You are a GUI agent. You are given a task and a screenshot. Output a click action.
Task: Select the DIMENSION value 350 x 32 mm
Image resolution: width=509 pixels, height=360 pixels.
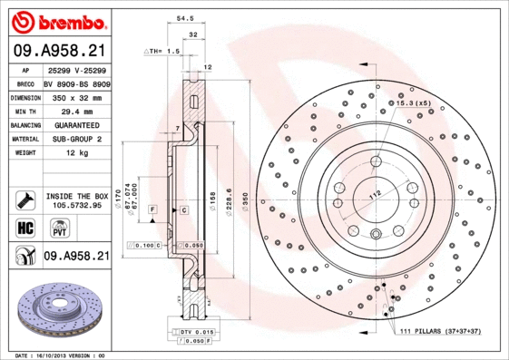pyautogui.click(x=75, y=95)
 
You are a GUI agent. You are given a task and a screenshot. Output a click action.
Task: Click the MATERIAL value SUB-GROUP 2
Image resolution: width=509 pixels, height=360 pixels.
pyautogui.click(x=75, y=139)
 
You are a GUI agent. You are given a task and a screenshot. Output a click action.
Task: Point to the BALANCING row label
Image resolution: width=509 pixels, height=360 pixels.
pyautogui.click(x=24, y=124)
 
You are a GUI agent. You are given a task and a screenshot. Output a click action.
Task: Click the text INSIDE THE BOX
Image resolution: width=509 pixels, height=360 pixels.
pyautogui.click(x=76, y=196)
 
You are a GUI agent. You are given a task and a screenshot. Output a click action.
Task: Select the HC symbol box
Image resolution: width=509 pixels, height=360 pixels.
pyautogui.click(x=24, y=228)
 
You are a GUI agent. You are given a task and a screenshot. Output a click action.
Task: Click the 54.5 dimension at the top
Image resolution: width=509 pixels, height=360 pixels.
pyautogui.click(x=184, y=16)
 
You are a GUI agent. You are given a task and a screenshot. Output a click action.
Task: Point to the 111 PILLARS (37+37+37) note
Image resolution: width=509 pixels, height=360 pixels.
pyautogui.click(x=445, y=333)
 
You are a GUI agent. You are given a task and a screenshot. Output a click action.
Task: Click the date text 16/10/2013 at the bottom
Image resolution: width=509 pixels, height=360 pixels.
pyautogui.click(x=62, y=355)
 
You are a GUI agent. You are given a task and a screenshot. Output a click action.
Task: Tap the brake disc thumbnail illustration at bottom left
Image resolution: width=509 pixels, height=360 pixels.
pyautogui.click(x=56, y=309)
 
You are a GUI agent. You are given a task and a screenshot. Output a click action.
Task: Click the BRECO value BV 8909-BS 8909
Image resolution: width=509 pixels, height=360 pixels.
pyautogui.click(x=75, y=81)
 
